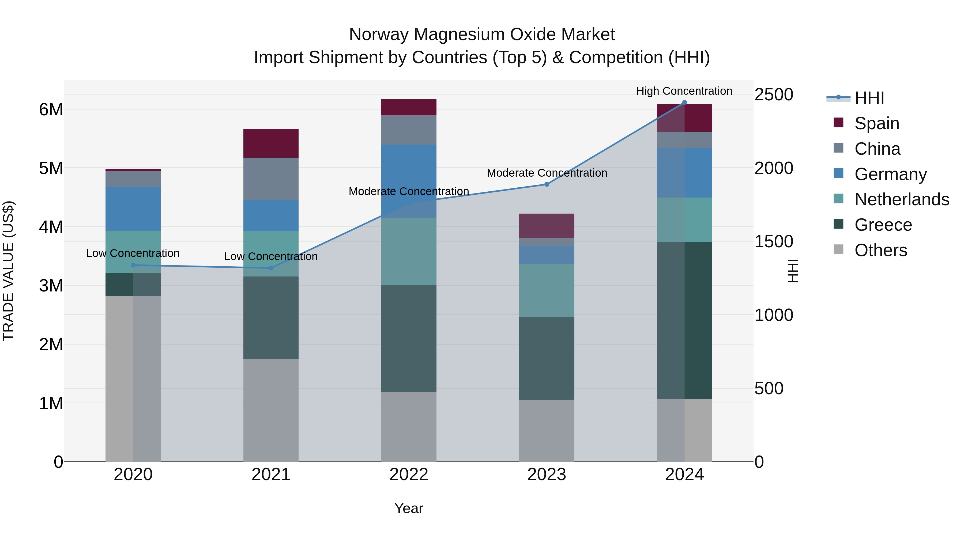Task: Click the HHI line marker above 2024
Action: coord(684,103)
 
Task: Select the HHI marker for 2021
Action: coord(271,268)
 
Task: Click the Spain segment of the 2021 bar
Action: coord(271,143)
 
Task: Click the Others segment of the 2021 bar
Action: coord(271,410)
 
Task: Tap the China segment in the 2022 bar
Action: coord(409,130)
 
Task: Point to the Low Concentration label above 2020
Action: coord(133,253)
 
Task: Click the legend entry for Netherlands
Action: coord(902,199)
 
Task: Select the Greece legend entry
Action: coord(883,225)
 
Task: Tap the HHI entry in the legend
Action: coord(869,98)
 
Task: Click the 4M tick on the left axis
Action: coord(51,227)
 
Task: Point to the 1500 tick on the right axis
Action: coord(773,242)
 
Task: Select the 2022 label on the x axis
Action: coord(409,475)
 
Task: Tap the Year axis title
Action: coord(409,508)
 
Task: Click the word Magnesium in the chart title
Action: coord(459,35)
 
